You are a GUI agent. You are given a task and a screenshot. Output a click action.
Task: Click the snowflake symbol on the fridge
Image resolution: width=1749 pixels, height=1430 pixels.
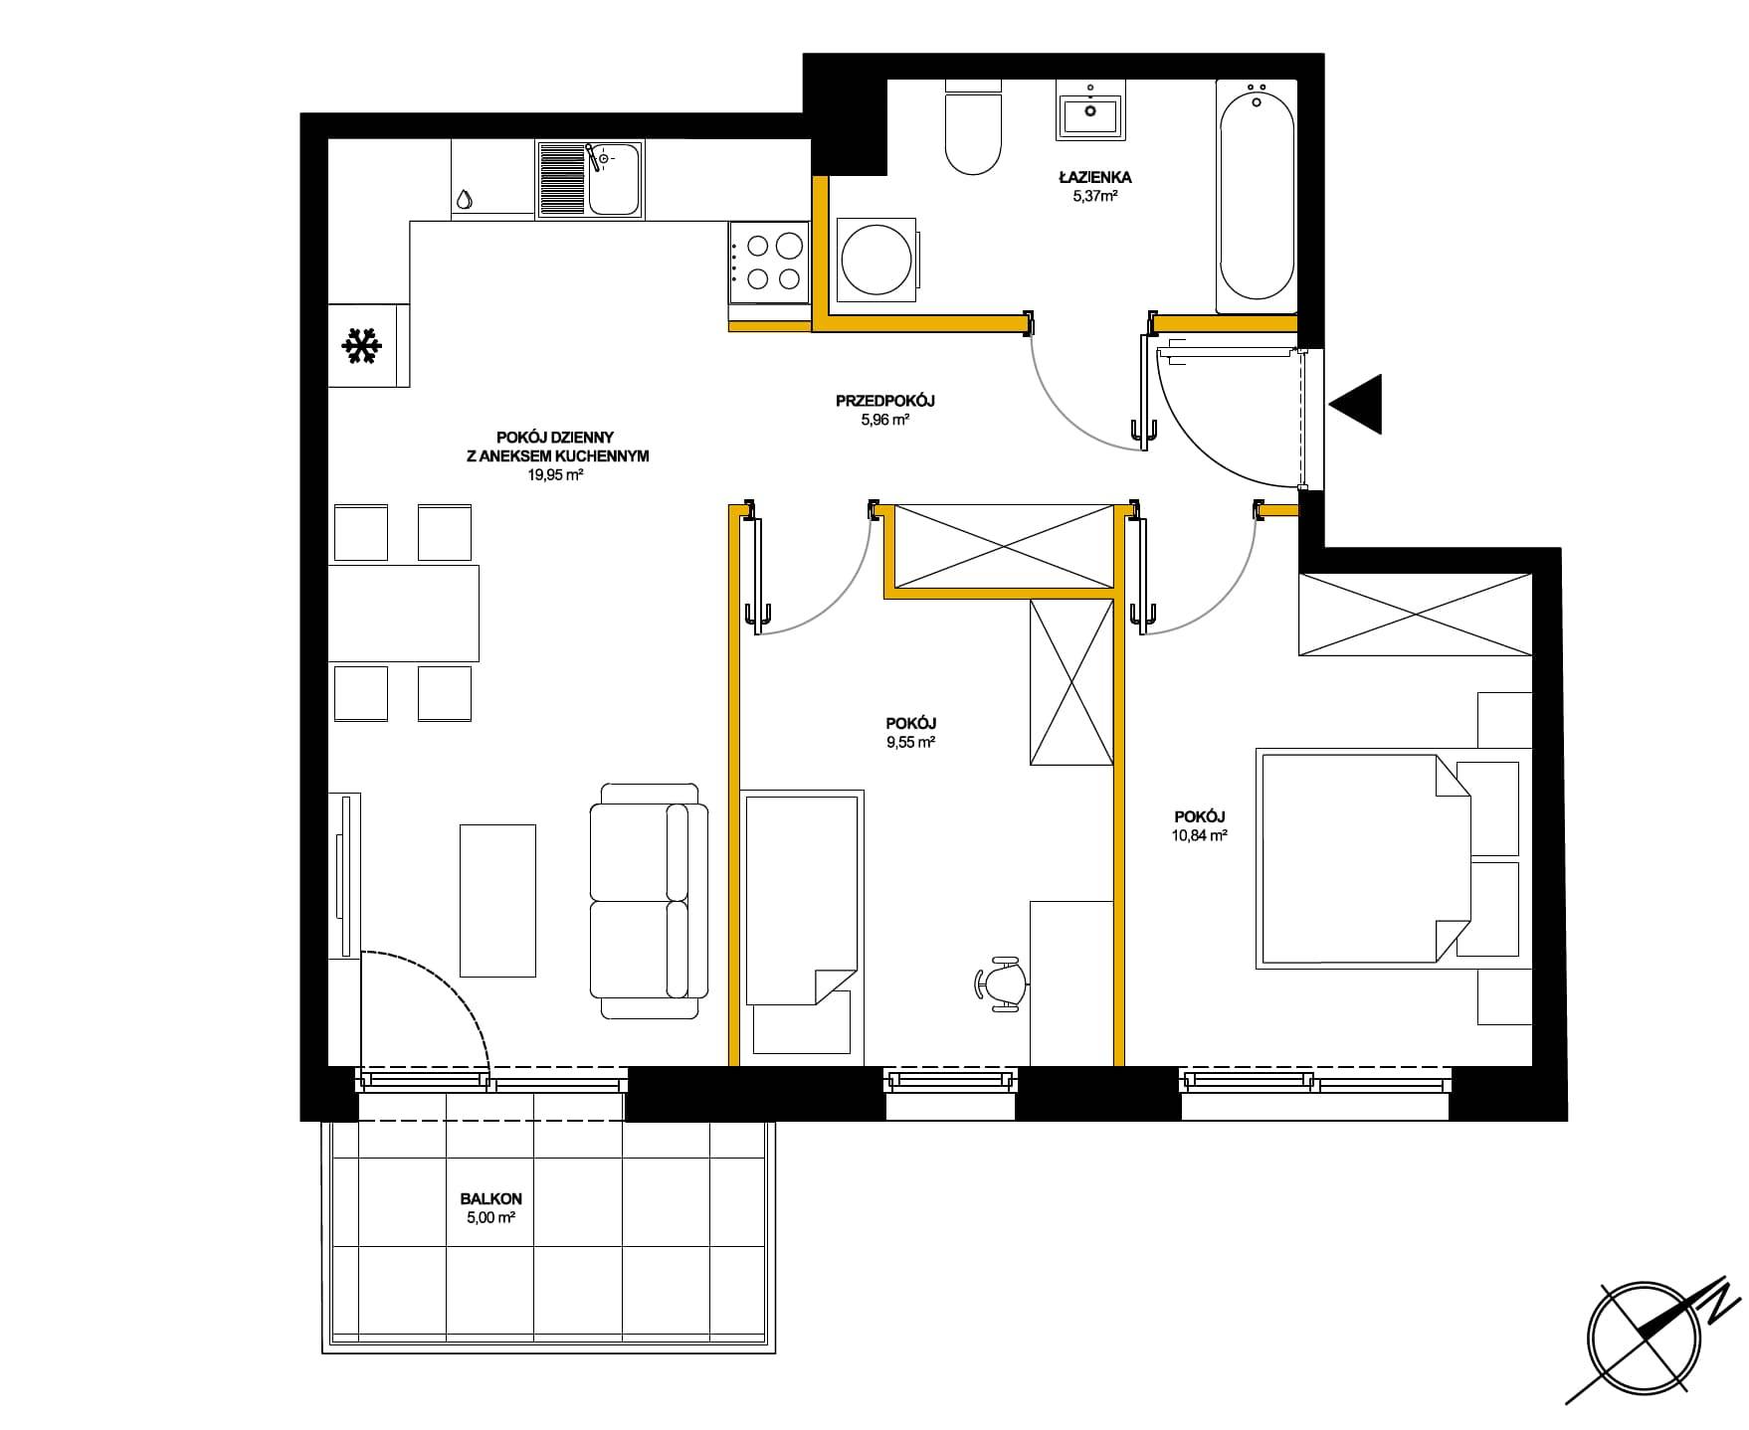(x=362, y=345)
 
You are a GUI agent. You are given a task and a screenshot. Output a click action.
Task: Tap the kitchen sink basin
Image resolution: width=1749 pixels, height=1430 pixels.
(x=614, y=179)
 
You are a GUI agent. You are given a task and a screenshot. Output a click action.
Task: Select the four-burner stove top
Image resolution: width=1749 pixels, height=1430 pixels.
(x=768, y=263)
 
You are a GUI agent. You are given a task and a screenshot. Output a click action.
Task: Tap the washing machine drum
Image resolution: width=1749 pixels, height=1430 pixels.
(x=874, y=260)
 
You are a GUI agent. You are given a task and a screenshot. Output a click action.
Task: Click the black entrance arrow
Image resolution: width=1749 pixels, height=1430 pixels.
(x=1355, y=405)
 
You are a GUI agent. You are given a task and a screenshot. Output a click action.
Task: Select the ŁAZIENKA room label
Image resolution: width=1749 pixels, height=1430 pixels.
(x=1094, y=177)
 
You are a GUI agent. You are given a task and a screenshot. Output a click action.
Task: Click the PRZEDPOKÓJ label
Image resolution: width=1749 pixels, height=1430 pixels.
(x=885, y=401)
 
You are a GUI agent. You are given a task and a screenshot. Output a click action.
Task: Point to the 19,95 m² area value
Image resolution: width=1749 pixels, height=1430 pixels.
(x=555, y=475)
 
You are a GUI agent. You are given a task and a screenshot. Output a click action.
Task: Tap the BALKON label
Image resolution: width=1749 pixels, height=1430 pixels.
(x=491, y=1199)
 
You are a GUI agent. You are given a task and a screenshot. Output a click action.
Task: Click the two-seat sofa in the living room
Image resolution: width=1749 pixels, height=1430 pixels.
(x=649, y=901)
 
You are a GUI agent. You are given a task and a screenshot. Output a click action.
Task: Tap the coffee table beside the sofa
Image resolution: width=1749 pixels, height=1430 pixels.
(x=497, y=900)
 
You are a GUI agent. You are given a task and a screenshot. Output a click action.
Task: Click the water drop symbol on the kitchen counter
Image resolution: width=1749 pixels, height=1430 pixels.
(x=464, y=199)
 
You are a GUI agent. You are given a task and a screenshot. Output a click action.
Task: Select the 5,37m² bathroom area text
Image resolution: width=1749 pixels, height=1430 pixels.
(x=1095, y=196)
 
